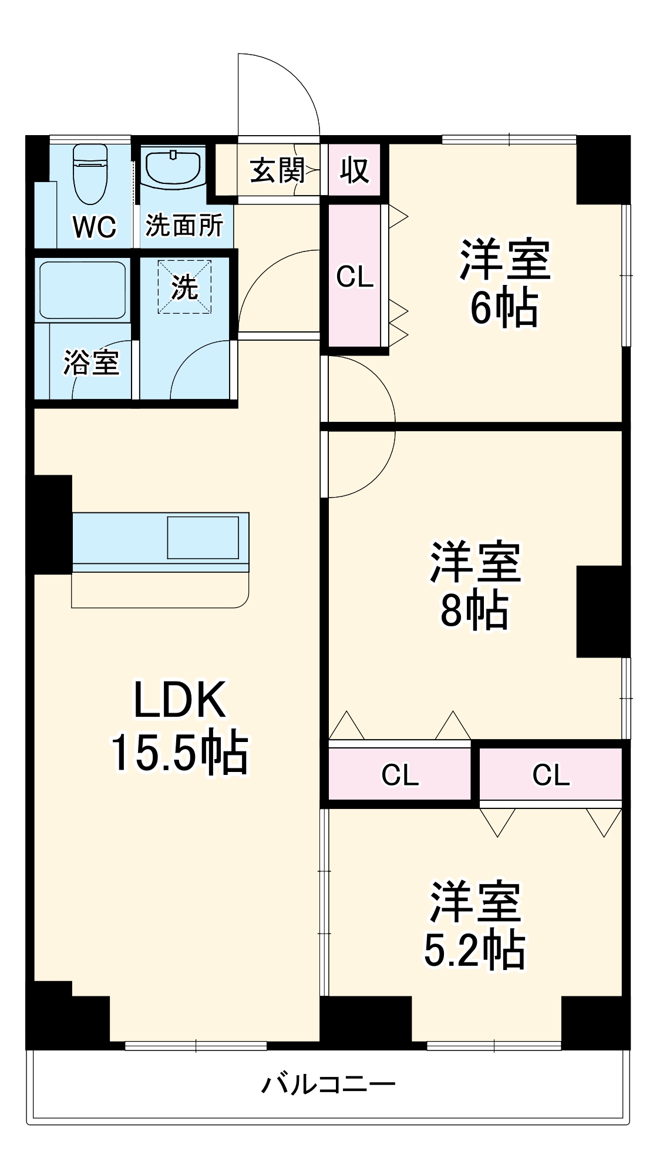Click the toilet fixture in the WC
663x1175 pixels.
(x=90, y=174)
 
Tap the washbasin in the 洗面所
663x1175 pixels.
(x=173, y=167)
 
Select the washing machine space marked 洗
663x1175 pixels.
(x=184, y=287)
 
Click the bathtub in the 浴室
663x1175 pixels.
(x=82, y=289)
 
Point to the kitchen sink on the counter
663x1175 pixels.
(x=203, y=538)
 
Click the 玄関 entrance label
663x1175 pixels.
(x=277, y=171)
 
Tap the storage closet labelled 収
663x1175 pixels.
(x=355, y=170)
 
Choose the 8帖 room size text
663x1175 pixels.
(x=474, y=610)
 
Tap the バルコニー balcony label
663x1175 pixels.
(x=328, y=1084)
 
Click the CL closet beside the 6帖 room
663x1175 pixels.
(x=355, y=276)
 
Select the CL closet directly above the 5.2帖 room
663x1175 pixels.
(x=551, y=774)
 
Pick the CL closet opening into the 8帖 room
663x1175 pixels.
(x=400, y=774)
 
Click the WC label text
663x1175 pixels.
(x=94, y=227)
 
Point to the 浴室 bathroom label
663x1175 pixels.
(x=91, y=362)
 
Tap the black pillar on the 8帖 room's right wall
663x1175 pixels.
(x=603, y=611)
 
